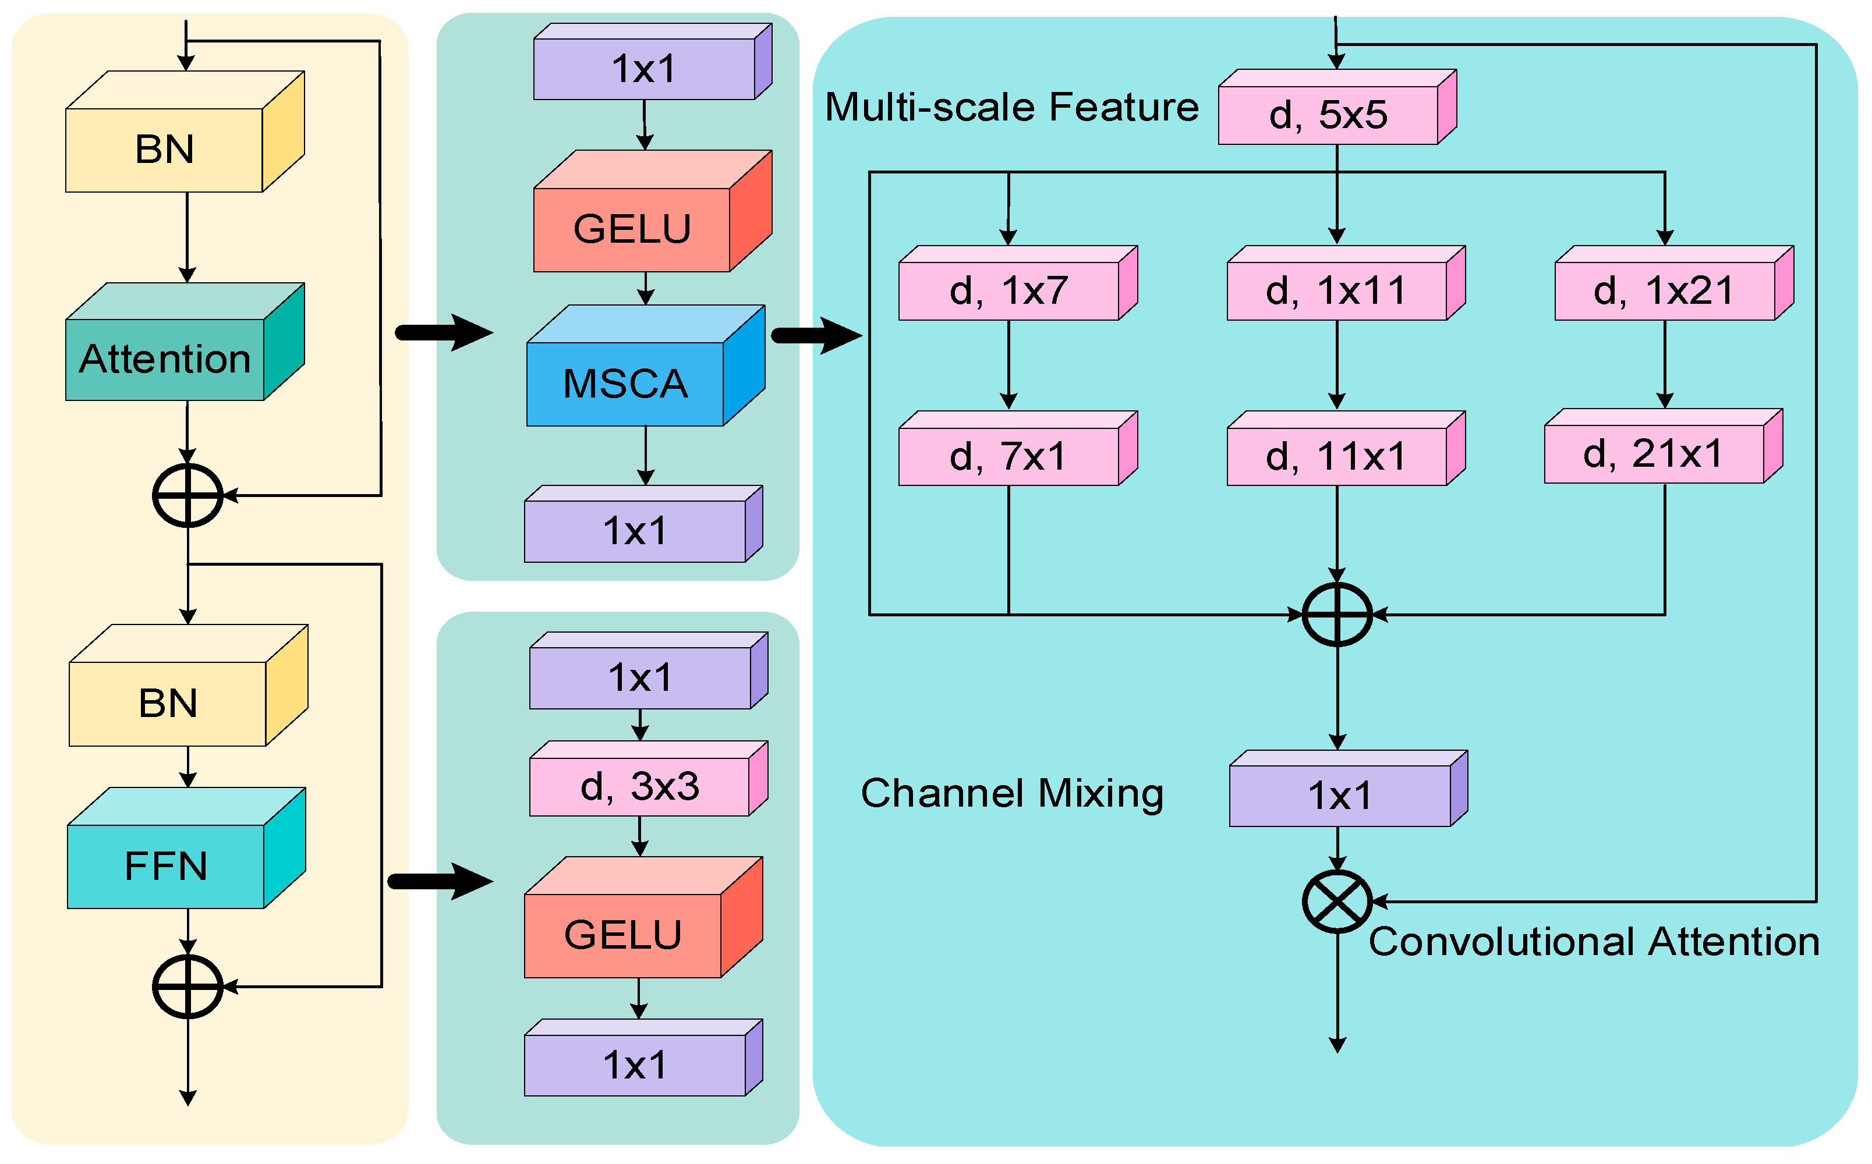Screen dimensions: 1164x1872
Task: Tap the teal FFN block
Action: tap(165, 865)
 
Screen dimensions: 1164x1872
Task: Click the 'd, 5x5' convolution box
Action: tap(1328, 115)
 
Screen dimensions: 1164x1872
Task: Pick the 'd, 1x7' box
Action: tap(1008, 291)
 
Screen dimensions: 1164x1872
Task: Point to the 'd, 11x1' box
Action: tap(1336, 456)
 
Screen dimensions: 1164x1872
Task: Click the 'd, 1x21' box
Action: tap(1664, 291)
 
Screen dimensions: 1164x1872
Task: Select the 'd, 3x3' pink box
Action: tap(639, 786)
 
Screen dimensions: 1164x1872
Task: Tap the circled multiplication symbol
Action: tap(1337, 901)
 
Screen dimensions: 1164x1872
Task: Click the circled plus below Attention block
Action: tap(187, 495)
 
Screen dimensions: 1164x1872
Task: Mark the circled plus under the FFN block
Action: tap(187, 986)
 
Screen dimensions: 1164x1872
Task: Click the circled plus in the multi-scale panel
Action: tap(1337, 615)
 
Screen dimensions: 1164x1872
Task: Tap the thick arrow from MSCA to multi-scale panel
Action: tap(816, 335)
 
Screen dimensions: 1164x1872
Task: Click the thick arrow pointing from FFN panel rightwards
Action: tap(439, 881)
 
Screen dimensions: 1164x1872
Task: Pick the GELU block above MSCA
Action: tap(631, 229)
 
